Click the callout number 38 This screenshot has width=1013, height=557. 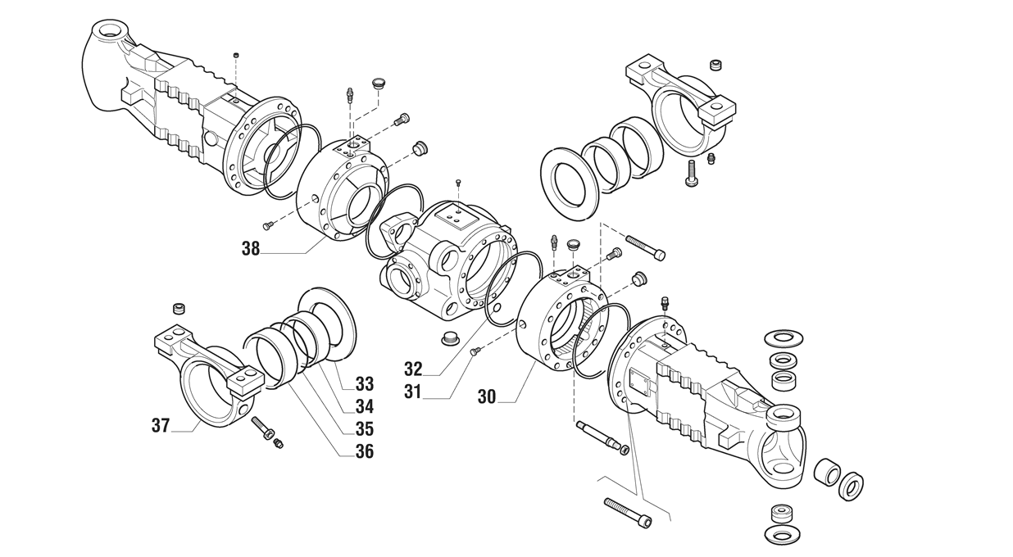pos(251,249)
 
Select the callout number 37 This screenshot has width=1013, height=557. pos(161,425)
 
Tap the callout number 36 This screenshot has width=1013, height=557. pos(365,451)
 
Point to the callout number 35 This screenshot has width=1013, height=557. pos(365,428)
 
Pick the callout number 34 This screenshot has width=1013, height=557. pos(365,406)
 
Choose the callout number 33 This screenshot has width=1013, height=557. pos(365,384)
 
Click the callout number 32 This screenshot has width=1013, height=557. pos(413,369)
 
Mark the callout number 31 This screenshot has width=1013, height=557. pos(412,392)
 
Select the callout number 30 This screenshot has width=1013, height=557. pos(487,396)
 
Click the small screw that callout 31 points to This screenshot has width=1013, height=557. pos(475,351)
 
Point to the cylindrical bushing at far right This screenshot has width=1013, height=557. pos(827,473)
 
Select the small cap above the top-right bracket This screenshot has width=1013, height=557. pos(715,65)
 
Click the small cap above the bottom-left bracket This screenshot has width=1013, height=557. pos(179,310)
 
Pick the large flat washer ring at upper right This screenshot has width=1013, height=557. pos(570,183)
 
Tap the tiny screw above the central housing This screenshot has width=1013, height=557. pos(459,182)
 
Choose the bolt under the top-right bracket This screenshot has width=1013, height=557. pos(692,173)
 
